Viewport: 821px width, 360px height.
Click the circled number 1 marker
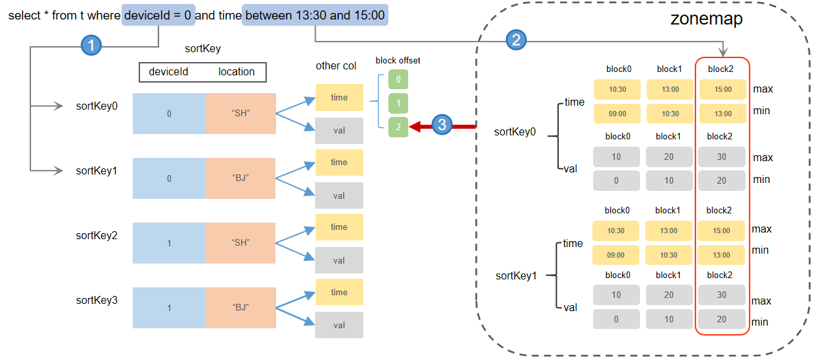[91, 46]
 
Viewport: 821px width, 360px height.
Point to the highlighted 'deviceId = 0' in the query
[159, 15]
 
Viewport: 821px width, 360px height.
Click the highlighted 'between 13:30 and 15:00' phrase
[315, 15]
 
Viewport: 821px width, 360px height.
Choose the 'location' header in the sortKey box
[236, 71]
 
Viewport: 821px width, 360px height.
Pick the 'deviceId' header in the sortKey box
[168, 71]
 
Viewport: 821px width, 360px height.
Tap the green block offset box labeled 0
[398, 80]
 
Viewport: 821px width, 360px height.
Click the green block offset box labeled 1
[398, 103]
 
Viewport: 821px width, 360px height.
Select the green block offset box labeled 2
[398, 126]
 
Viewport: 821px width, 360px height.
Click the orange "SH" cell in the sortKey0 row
[240, 114]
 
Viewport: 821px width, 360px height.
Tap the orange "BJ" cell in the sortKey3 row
[240, 308]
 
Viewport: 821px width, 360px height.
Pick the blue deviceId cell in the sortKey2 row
[169, 243]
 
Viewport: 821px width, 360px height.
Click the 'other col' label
[336, 65]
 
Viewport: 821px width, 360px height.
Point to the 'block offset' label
[398, 60]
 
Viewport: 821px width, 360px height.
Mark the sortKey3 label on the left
[96, 301]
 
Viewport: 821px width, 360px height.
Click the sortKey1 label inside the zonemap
[516, 275]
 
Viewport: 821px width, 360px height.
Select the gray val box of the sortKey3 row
[339, 325]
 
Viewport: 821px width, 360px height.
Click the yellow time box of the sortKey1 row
[339, 162]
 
